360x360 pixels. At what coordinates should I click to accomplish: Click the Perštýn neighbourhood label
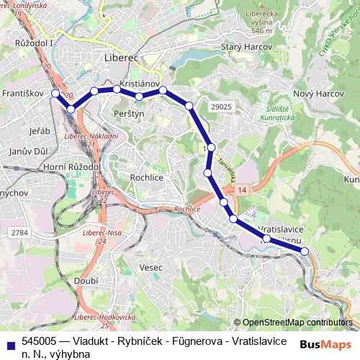tap(130, 114)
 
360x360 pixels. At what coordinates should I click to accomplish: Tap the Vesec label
tap(151, 267)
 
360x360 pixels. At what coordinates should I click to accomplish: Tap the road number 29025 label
tap(222, 107)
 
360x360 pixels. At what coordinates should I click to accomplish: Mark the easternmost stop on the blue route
tap(304, 251)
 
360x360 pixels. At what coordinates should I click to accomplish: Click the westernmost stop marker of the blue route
tap(55, 94)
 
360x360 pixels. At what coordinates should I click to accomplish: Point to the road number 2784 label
tap(19, 233)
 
